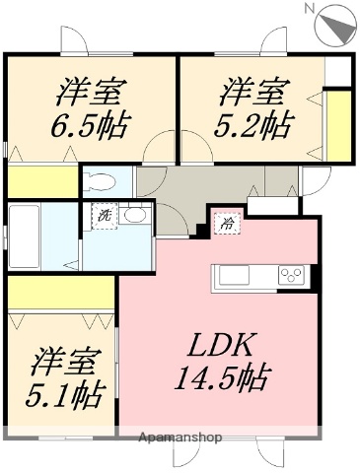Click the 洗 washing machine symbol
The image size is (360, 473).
(102, 216)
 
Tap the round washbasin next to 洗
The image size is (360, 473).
(136, 216)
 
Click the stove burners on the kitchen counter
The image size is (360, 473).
(292, 274)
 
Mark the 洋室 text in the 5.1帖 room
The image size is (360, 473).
(66, 362)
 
